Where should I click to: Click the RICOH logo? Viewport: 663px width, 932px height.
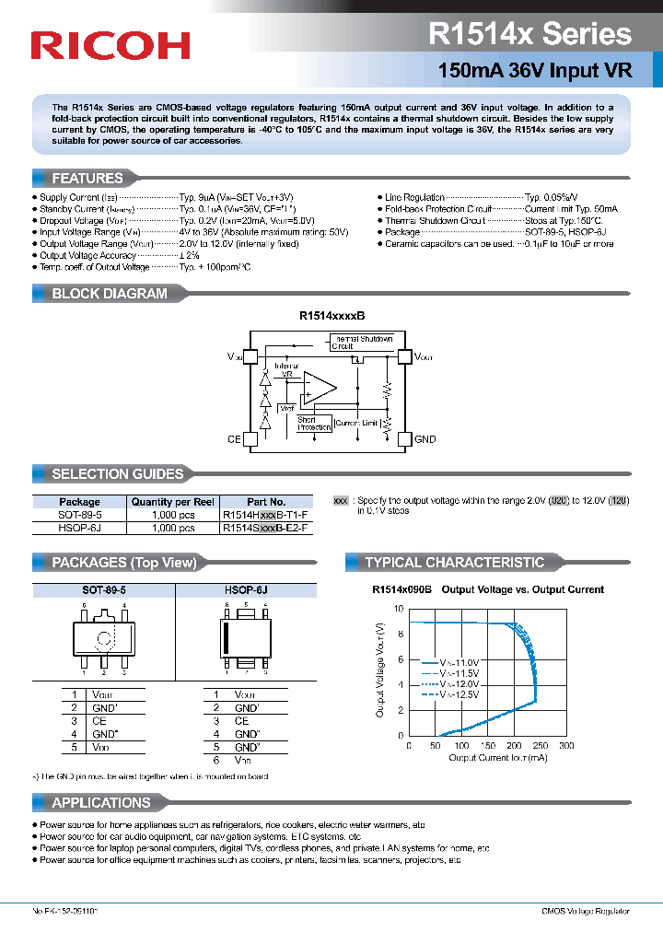pos(110,45)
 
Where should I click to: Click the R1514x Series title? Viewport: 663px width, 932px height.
pos(529,35)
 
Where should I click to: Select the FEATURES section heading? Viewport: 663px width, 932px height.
pos(87,178)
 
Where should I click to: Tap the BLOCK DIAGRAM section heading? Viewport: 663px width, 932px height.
pos(109,294)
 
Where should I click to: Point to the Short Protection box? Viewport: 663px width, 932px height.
pos(314,424)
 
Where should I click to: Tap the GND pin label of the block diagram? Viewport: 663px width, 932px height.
pos(425,439)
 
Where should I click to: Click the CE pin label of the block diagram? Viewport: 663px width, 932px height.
pos(234,439)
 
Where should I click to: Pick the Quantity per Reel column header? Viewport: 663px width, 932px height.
pos(172,502)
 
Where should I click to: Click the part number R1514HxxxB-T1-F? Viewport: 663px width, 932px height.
pos(265,516)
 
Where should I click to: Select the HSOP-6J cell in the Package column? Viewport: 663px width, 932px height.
pos(79,529)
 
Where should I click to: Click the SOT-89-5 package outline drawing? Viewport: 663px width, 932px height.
pos(103,636)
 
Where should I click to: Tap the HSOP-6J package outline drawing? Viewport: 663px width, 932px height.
pos(245,636)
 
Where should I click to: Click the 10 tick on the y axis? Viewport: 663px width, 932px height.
pos(398,609)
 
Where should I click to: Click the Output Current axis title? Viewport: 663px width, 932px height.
pos(498,758)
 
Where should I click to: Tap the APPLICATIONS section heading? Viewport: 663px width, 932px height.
pos(100,802)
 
